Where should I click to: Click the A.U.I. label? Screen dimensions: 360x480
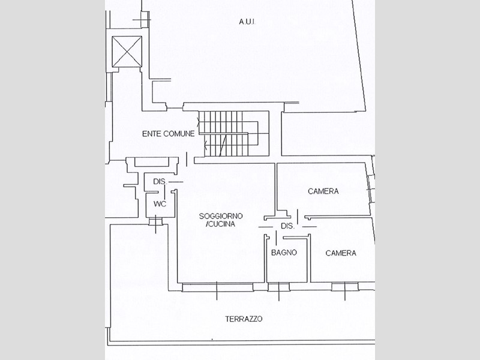(247, 22)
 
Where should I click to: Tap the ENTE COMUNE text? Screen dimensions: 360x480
(168, 134)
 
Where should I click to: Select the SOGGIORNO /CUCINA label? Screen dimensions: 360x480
(220, 220)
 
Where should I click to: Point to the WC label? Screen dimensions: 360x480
(160, 204)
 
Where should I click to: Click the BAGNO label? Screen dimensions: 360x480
(284, 253)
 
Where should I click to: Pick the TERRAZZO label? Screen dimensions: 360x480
(244, 319)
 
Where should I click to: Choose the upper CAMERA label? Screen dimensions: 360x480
(323, 191)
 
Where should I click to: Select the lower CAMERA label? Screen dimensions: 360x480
(341, 253)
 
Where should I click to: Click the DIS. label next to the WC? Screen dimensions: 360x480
(160, 181)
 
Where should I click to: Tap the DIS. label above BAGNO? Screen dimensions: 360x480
(287, 226)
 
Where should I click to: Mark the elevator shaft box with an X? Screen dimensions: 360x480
(127, 52)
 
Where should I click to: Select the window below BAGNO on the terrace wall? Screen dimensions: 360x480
(278, 287)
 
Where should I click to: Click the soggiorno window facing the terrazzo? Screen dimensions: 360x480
(217, 287)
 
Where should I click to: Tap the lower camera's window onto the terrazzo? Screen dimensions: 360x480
(345, 287)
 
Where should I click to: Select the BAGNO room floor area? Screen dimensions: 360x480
(287, 267)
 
